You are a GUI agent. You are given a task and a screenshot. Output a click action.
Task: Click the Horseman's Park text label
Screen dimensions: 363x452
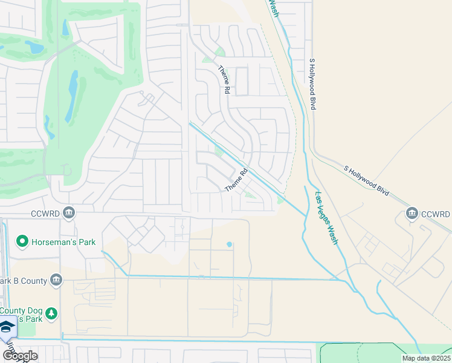coord(63,242)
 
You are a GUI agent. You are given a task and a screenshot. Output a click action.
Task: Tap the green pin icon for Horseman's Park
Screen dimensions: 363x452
coord(22,242)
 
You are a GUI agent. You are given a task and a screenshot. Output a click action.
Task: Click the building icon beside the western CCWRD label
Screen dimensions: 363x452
coord(69,213)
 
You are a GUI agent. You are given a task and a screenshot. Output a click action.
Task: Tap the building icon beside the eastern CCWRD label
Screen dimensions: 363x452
coord(413,214)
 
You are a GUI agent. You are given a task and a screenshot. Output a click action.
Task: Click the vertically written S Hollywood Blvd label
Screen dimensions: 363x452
coord(312,84)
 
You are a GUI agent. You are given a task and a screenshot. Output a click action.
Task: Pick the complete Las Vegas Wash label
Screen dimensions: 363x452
coord(327,218)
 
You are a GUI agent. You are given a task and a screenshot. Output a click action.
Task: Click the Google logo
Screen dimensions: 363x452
coord(20,355)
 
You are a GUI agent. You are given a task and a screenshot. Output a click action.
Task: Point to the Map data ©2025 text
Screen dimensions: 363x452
coord(426,358)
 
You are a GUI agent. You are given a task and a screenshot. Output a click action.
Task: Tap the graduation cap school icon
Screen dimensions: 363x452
coord(7,327)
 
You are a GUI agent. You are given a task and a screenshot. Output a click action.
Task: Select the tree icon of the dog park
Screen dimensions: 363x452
coord(52,313)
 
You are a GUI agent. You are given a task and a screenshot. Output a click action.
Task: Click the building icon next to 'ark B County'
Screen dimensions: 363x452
coord(56,280)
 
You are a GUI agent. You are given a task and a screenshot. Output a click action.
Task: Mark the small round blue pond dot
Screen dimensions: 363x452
coord(229,244)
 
